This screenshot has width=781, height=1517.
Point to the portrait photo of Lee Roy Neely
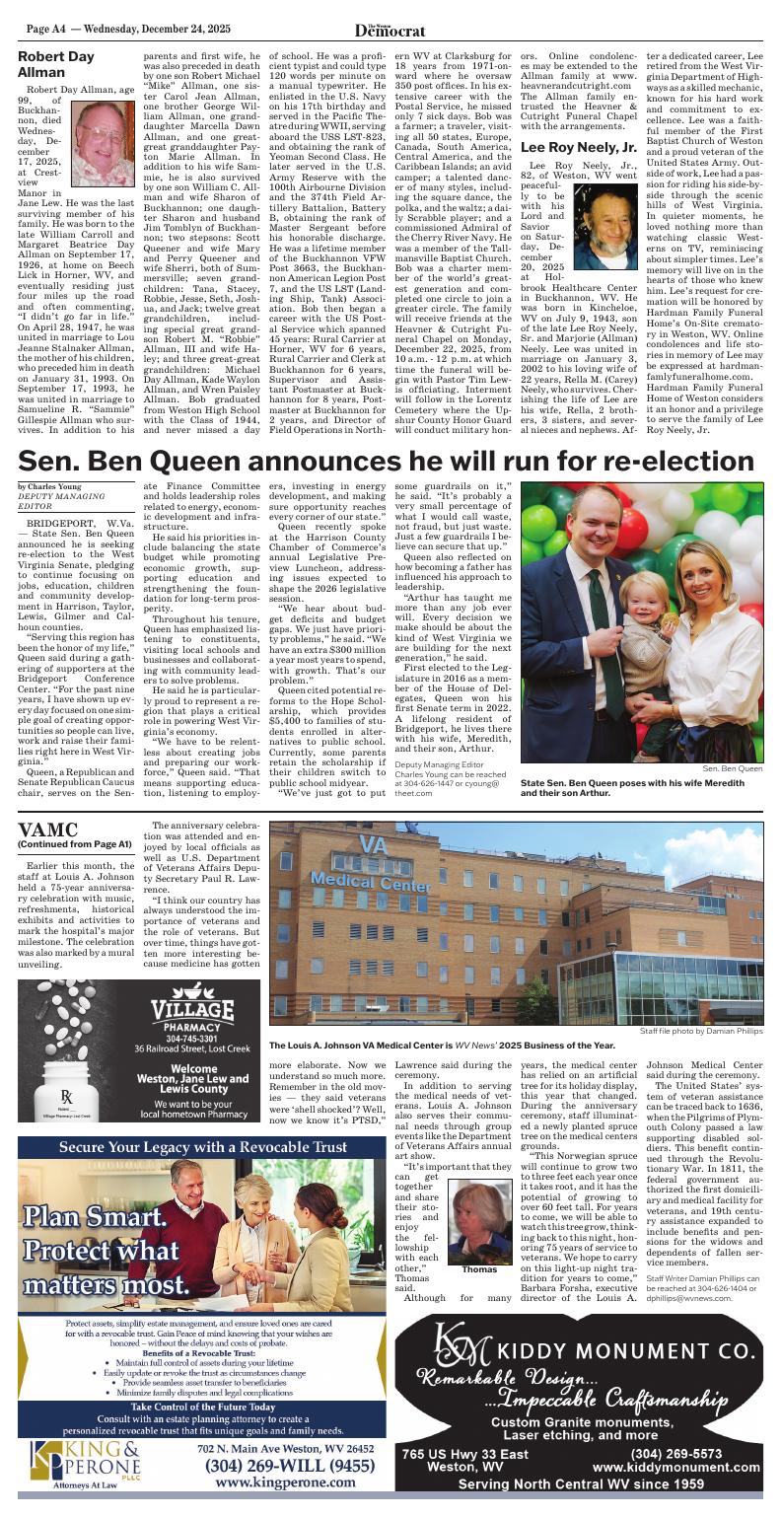click(x=604, y=227)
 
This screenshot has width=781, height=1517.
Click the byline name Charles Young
click(x=47, y=487)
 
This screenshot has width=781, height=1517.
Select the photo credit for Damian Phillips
click(x=700, y=1031)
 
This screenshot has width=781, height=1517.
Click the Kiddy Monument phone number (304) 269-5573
click(x=675, y=1454)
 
